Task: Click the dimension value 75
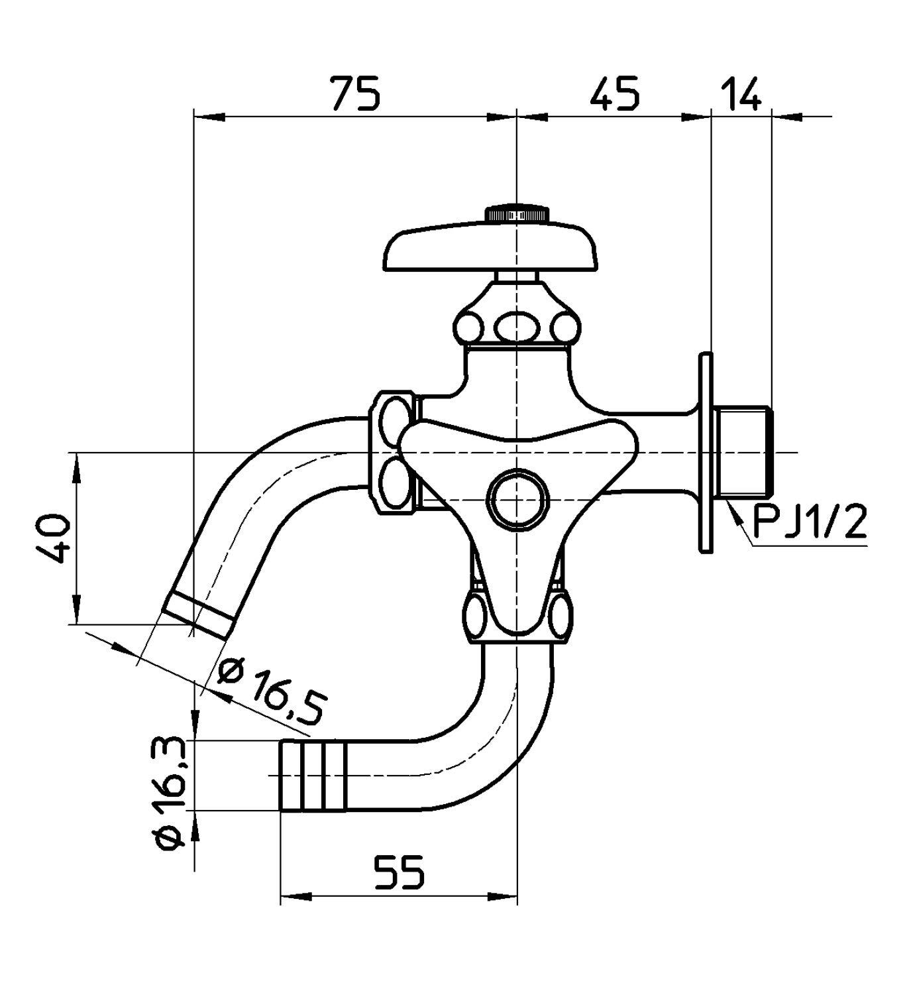click(356, 93)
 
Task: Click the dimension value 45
click(614, 93)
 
